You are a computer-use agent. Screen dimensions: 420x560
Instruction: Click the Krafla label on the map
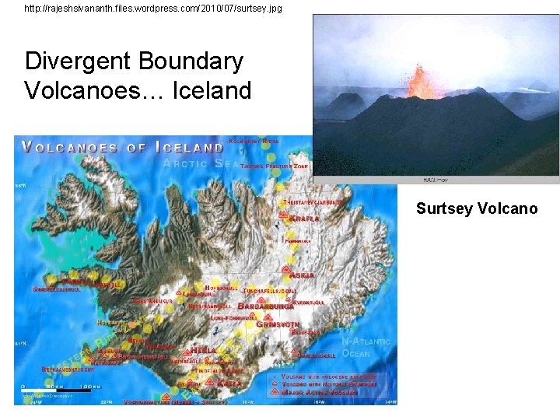click(305, 219)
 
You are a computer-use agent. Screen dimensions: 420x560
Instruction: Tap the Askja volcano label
click(303, 275)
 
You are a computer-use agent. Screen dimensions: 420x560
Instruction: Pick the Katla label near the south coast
click(231, 383)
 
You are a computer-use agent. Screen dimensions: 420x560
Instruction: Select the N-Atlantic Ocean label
click(366, 348)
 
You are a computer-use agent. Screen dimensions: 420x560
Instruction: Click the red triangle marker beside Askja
click(286, 274)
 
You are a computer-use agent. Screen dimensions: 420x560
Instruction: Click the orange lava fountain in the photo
click(424, 82)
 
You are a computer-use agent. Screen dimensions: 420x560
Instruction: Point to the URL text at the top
click(153, 9)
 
